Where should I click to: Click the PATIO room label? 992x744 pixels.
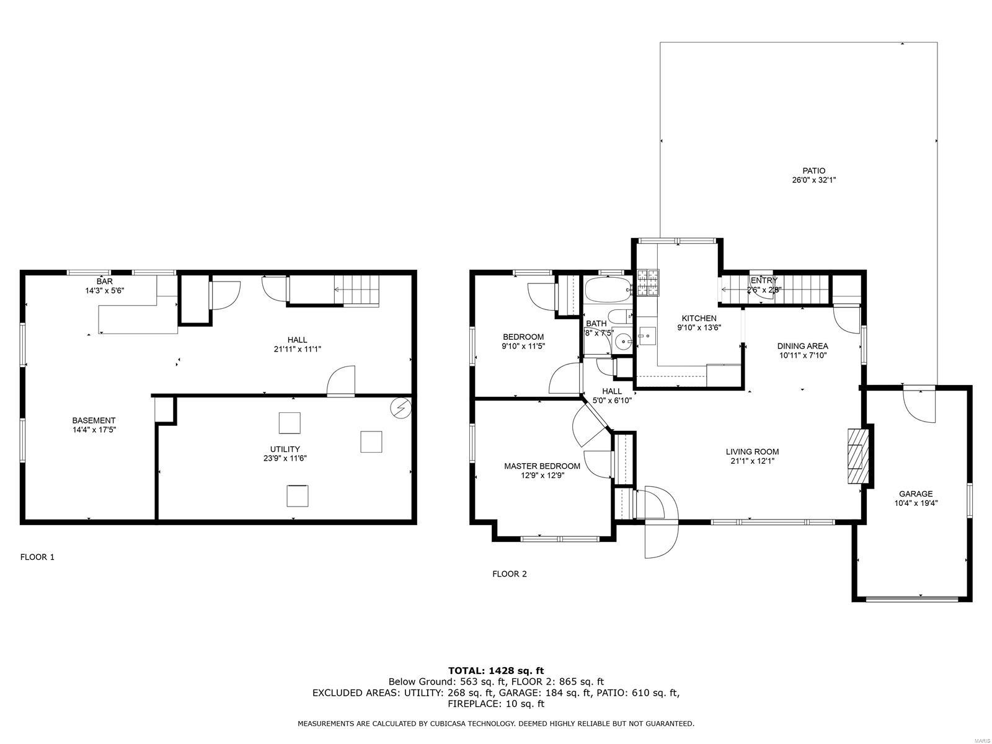point(813,170)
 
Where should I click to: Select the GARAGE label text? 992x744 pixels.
point(916,494)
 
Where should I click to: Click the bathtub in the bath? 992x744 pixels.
point(608,289)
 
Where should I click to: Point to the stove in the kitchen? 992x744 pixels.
point(649,283)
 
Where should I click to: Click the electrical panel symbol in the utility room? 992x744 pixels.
point(401,408)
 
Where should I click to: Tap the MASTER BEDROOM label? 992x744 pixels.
point(542,466)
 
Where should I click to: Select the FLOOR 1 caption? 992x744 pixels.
point(37,557)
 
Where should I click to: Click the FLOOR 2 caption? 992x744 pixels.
point(509,573)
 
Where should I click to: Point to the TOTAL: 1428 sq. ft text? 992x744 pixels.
point(495,670)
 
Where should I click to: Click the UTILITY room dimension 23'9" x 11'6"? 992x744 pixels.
point(285,458)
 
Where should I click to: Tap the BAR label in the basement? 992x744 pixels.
point(105,281)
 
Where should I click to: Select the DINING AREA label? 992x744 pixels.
point(803,346)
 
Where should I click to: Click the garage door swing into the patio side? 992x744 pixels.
point(919,406)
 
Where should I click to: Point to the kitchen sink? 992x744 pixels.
point(646,336)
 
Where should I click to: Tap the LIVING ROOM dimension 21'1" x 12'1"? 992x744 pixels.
point(752,461)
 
